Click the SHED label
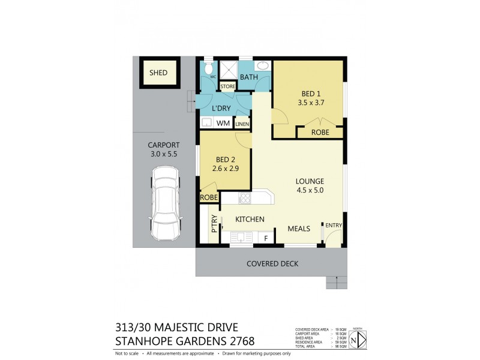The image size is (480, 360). [x=158, y=73]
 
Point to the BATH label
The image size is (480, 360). [x=250, y=78]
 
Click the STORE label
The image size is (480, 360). [x=228, y=87]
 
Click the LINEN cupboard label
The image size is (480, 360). [x=242, y=124]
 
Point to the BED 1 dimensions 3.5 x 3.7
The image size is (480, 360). [x=309, y=103]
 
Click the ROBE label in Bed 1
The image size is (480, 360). [x=320, y=133]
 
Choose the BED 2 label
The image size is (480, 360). [x=224, y=160]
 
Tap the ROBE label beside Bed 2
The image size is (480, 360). [x=209, y=197]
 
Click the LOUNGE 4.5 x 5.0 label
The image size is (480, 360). [x=310, y=185]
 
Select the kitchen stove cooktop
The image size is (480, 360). [x=245, y=198]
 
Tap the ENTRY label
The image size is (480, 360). [x=334, y=226]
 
